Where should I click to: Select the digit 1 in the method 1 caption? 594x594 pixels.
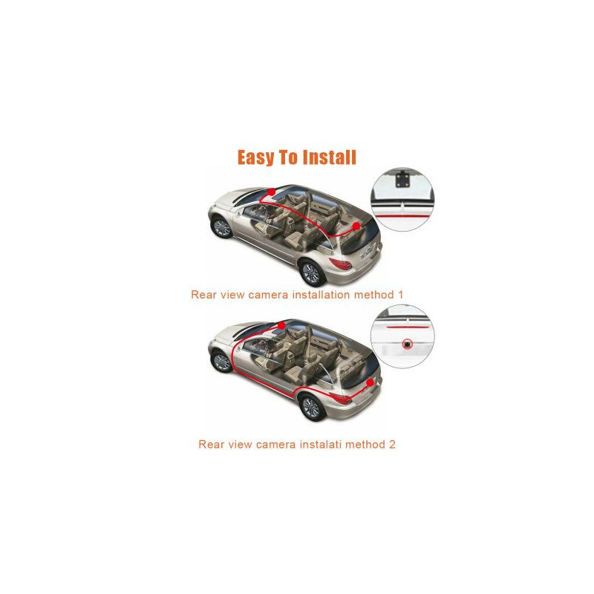point(400,294)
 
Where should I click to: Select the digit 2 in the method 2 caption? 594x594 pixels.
point(392,444)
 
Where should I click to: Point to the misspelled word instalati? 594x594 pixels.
point(319,444)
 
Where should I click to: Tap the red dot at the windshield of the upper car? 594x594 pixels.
point(272,192)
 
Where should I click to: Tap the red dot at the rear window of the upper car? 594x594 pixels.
point(356,226)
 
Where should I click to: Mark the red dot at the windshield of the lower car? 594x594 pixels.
point(281,325)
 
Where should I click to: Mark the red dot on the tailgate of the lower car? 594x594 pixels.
point(370,383)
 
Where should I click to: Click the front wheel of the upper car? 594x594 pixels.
point(221,227)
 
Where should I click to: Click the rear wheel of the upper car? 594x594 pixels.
point(311,272)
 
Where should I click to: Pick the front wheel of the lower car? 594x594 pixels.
point(221,362)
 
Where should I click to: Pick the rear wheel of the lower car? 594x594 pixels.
point(311,407)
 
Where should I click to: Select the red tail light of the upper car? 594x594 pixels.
point(341,264)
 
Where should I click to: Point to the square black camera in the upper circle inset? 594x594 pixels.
point(402,180)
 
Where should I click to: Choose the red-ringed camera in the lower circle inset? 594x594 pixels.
point(407,344)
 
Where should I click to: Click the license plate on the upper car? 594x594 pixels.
point(367,253)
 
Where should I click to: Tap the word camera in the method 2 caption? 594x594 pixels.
point(275,444)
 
